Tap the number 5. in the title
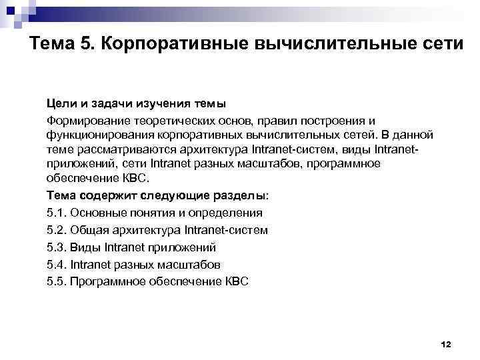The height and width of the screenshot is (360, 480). (x=89, y=45)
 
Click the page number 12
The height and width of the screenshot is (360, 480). (x=446, y=344)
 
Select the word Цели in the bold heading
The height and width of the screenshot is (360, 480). (x=59, y=103)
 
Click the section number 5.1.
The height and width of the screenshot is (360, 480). (x=56, y=213)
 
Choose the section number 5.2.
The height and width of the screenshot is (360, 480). (x=56, y=230)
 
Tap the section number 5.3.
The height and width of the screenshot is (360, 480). (x=56, y=247)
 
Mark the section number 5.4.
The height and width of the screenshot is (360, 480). (x=56, y=264)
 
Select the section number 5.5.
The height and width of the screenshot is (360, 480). (x=56, y=281)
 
